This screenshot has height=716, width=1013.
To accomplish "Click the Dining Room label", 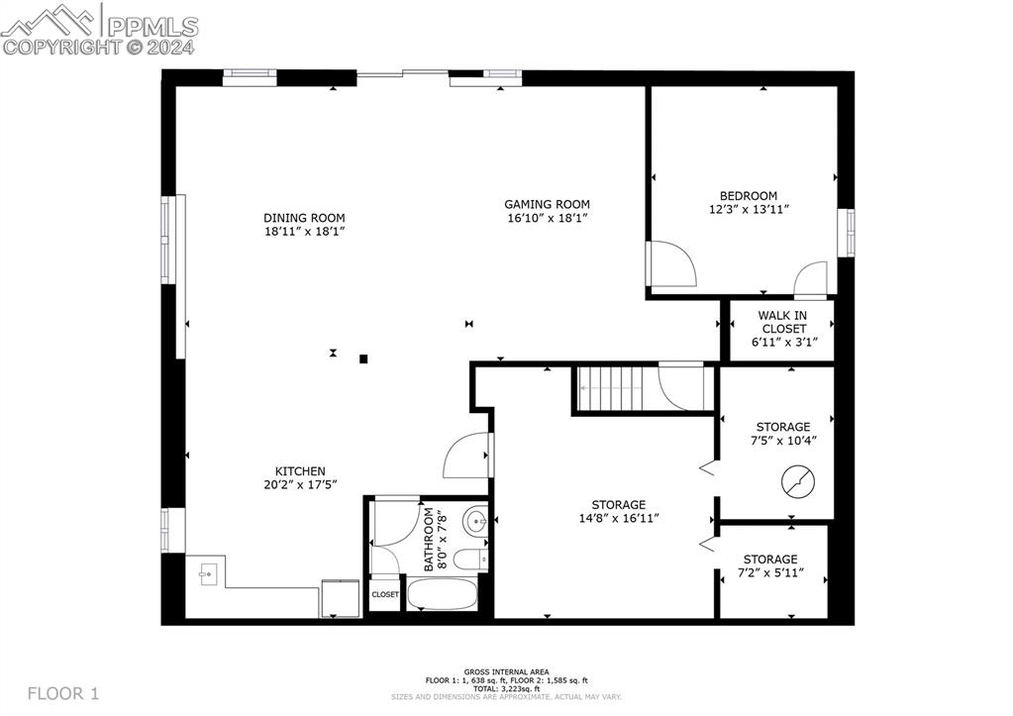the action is (304, 218).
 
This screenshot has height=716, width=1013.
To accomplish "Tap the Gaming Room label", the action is (548, 204).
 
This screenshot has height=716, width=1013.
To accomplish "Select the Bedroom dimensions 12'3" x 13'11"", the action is (749, 209).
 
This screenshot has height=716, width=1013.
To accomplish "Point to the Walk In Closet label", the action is (783, 322).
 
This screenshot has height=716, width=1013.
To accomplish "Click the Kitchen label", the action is (300, 471).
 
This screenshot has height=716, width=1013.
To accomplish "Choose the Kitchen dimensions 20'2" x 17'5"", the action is (300, 484).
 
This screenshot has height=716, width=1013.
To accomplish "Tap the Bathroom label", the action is (429, 539).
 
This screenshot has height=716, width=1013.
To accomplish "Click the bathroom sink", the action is (476, 519).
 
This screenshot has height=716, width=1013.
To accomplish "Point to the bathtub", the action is (443, 594).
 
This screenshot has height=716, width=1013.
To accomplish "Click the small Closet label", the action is (385, 594).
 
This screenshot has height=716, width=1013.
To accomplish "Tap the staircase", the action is (610, 388).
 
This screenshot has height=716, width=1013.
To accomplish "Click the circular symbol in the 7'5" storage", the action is (798, 481).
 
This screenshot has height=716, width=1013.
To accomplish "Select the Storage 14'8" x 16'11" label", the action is (619, 511).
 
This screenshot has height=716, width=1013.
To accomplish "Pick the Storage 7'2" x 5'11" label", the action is (770, 565).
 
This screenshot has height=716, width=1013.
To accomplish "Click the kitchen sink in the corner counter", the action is (207, 573).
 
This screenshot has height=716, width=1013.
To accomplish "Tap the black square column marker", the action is (363, 358).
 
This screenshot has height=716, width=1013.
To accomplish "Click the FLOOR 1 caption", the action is (63, 694).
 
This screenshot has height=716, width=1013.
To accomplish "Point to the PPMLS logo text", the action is (152, 27).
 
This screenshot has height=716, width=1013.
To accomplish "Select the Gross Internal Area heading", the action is (507, 672).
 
